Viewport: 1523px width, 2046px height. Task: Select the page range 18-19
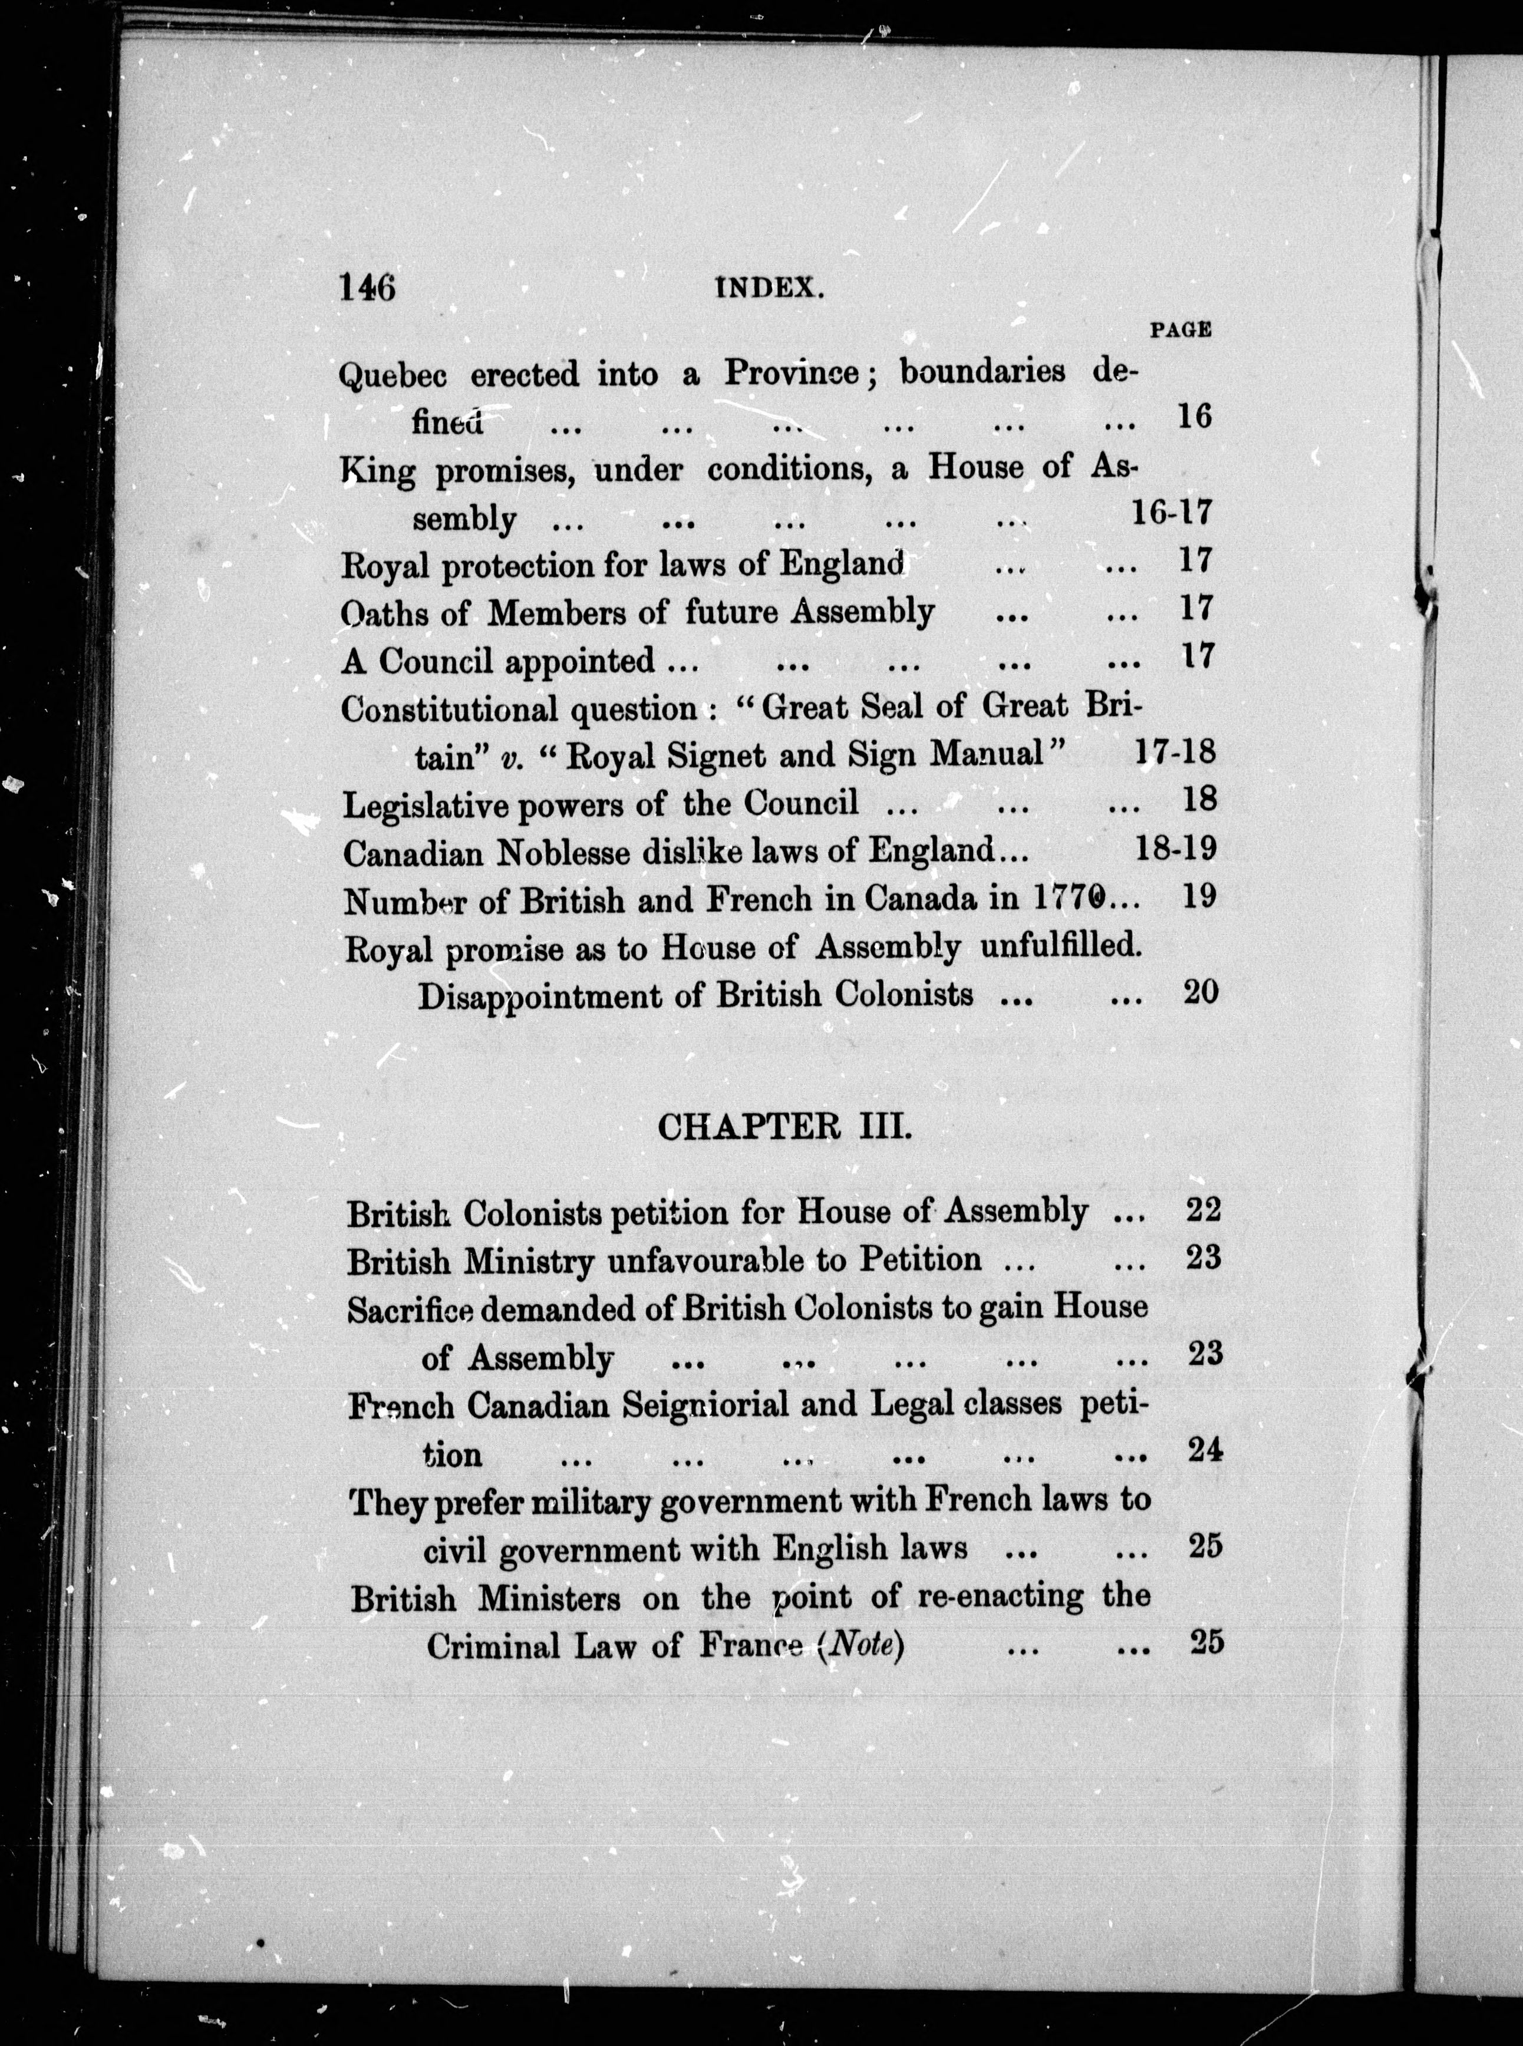point(1176,848)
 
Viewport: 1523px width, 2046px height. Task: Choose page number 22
point(1203,1209)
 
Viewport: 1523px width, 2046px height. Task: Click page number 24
point(1204,1451)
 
